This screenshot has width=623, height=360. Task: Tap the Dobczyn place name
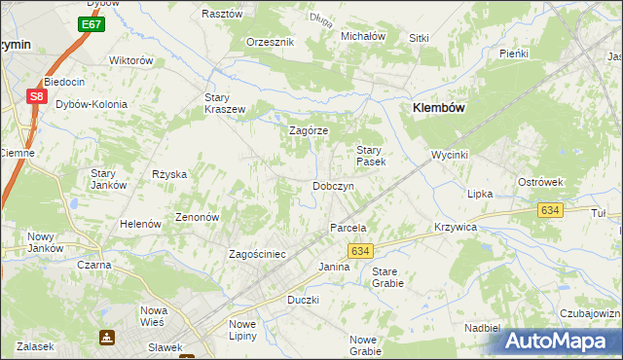point(332,186)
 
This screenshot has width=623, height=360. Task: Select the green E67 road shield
point(92,23)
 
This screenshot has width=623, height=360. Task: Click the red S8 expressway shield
point(36,96)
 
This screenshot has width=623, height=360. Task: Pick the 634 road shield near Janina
point(360,251)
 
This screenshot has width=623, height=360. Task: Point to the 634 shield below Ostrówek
point(551,210)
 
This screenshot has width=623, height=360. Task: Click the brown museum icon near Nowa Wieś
point(105,338)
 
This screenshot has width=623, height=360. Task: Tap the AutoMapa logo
point(562,341)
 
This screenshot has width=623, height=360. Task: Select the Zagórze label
point(309,130)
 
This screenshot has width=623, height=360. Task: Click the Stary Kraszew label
point(225,103)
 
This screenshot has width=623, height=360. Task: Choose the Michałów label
point(363,36)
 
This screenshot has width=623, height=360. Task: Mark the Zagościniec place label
point(257,254)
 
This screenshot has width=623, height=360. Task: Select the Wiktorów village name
point(131,60)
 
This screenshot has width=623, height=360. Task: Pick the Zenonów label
point(196,217)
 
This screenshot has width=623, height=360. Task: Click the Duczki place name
point(303,300)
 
